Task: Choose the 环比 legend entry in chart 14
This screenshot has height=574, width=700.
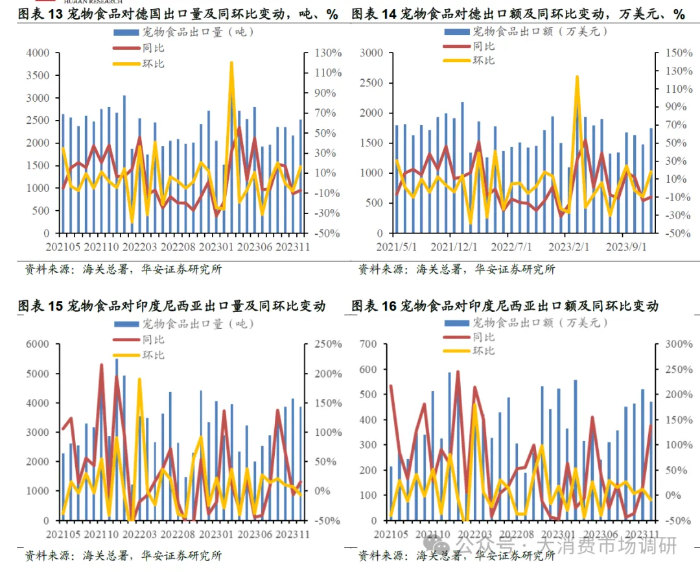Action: pyautogui.click(x=484, y=60)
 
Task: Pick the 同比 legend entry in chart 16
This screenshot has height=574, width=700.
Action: pyautogui.click(x=484, y=337)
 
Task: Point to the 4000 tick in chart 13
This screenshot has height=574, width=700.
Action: pyautogui.click(x=38, y=53)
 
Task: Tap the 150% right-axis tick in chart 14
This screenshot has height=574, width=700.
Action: pyautogui.click(x=675, y=53)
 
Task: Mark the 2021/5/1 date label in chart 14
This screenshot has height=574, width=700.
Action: pyautogui.click(x=397, y=247)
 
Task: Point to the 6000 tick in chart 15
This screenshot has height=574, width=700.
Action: pyautogui.click(x=38, y=344)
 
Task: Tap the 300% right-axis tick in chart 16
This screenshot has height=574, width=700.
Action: pyautogui.click(x=675, y=344)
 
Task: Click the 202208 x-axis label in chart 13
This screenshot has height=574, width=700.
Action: pyautogui.click(x=178, y=247)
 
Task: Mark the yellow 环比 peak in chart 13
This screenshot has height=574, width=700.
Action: pyautogui.click(x=231, y=63)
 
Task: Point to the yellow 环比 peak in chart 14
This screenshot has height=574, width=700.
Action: pyautogui.click(x=577, y=77)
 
